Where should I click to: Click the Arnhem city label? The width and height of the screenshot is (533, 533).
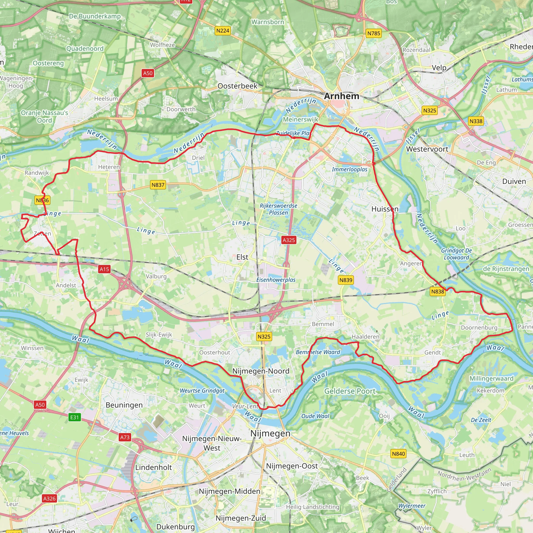tap(341, 96)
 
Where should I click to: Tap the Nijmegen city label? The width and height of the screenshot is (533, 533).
tap(270, 433)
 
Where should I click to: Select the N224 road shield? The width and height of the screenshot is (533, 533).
tap(222, 31)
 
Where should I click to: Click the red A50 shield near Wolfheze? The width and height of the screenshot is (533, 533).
tap(148, 73)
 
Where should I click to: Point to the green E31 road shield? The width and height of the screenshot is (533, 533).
tap(74, 417)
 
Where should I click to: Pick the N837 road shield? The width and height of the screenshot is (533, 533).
tap(158, 185)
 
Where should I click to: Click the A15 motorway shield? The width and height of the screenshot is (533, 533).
tap(104, 269)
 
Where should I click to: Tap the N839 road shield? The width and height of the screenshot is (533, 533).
tap(346, 280)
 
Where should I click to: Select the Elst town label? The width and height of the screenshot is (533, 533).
tap(242, 257)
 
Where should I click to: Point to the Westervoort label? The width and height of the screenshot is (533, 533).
tap(427, 149)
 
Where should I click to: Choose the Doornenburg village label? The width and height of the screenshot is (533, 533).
tap(479, 327)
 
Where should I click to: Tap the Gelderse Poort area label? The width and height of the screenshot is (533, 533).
tap(350, 391)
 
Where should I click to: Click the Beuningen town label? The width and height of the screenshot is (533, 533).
tap(124, 405)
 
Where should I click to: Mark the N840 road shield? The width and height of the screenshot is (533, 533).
tap(398, 454)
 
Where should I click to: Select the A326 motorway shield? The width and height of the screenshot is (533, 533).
tap(49, 498)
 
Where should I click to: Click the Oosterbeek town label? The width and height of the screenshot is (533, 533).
tap(237, 86)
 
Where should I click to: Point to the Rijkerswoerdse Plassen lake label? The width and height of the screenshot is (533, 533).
tap(278, 209)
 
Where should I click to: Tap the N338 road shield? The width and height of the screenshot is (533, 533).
tap(476, 121)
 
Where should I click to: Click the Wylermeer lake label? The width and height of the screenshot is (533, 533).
tap(412, 506)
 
